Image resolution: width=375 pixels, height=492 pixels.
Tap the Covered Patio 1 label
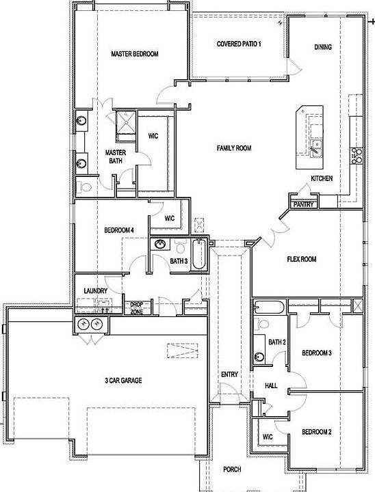point(239,44)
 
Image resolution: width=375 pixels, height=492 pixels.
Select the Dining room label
point(323,47)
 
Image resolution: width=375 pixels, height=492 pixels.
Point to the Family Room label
point(234,148)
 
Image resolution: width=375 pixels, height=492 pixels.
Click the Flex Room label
point(301,259)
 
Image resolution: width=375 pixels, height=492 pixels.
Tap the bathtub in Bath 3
point(198,255)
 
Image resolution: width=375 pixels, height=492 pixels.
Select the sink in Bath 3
point(159,245)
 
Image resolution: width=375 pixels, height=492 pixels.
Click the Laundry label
point(96,291)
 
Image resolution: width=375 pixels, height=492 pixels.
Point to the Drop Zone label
point(136,309)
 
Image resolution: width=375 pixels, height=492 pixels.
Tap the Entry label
point(229,374)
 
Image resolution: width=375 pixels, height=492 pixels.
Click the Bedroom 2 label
point(317,432)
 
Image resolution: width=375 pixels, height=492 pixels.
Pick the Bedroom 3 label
point(318,353)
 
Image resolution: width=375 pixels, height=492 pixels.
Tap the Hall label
point(270,386)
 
